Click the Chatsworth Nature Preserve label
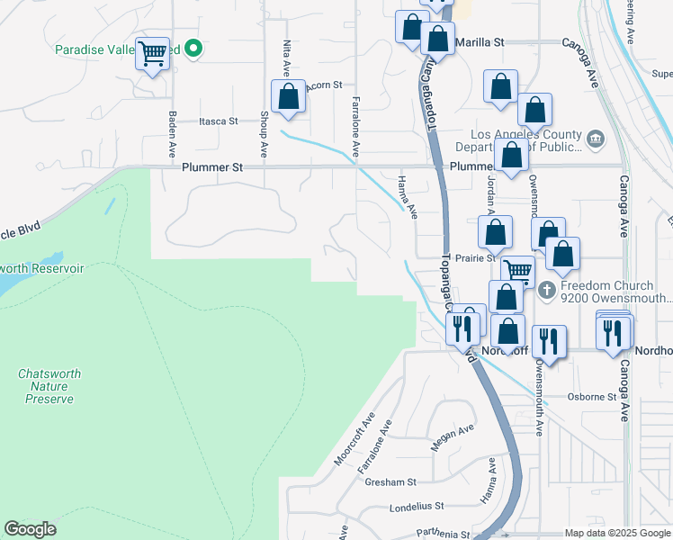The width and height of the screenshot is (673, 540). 46,385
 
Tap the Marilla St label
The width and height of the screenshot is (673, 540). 480,42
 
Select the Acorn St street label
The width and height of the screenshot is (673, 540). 325,85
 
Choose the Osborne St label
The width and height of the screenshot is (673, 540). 590,396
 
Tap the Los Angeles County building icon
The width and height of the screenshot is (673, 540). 595,139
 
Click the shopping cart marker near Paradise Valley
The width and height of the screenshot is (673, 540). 152,55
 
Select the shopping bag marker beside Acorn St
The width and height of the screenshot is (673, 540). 288,96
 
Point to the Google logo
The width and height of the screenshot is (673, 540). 30,529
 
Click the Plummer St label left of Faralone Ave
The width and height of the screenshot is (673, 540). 212,167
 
